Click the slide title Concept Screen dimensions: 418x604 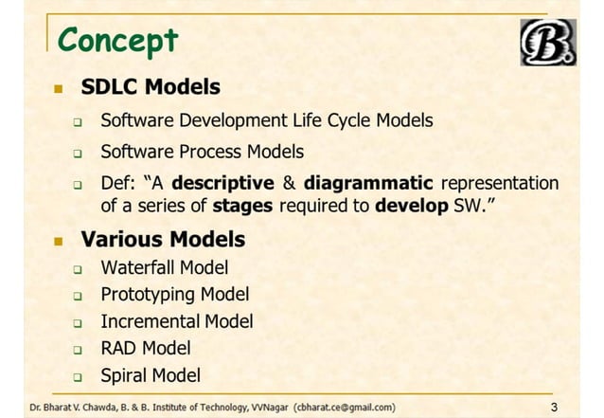(x=117, y=41)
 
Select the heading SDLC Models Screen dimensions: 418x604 (x=151, y=88)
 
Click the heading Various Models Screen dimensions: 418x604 (x=163, y=238)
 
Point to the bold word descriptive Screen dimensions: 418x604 (x=222, y=183)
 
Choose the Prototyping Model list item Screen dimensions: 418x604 (x=175, y=295)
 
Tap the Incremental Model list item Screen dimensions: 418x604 (x=177, y=321)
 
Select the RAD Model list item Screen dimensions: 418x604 (x=146, y=348)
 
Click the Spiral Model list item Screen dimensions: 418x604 (x=151, y=374)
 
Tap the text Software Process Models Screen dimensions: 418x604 (x=203, y=152)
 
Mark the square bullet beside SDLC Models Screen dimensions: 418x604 (x=58, y=89)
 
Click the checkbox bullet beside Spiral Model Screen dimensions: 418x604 (x=80, y=375)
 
